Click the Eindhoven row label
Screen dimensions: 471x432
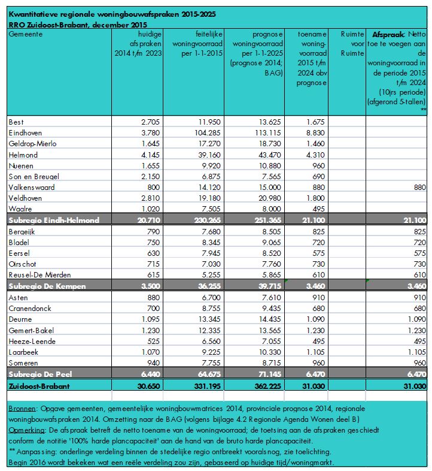pyautogui.click(x=26, y=133)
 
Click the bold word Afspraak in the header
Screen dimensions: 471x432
pyautogui.click(x=390, y=35)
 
